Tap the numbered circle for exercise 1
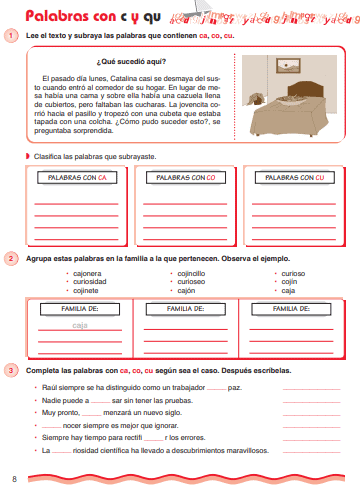point(12,37)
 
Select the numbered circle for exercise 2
point(12,259)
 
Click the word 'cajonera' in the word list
point(88,273)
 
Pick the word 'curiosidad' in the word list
point(91,282)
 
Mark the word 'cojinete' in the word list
point(88,291)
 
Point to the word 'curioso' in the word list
point(293,273)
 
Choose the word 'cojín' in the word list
point(289,282)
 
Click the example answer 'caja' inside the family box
point(81,326)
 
